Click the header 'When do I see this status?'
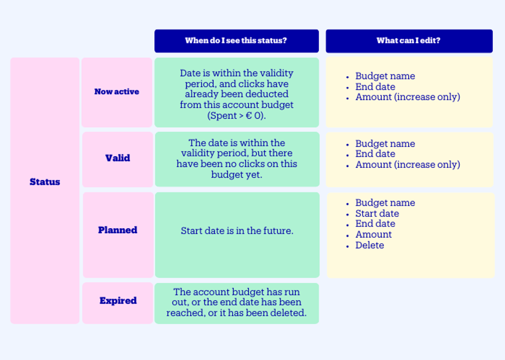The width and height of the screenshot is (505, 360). pos(236,41)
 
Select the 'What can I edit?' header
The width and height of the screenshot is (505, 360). pos(409,41)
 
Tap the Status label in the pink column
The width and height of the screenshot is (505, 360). pos(45,182)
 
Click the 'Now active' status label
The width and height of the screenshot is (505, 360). pos(117,92)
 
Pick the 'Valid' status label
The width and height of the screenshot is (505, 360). pos(117,158)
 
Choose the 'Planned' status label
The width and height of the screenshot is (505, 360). pos(117,230)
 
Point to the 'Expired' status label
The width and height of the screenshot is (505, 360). pos(118,300)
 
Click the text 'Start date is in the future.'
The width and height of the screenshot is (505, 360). pos(237,231)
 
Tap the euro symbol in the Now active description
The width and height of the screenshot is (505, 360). pos(249,116)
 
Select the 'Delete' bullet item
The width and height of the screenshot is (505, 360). pos(370,245)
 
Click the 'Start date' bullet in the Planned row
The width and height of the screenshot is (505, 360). pos(377,213)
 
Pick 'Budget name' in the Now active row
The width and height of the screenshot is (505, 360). pos(385,76)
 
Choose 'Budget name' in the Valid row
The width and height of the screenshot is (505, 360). pos(385,144)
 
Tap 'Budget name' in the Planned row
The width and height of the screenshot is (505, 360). pos(385,203)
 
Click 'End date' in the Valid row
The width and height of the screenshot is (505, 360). pos(375,154)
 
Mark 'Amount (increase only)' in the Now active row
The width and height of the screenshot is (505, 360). pos(408,97)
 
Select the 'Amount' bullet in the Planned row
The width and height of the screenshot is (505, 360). pos(373,234)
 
